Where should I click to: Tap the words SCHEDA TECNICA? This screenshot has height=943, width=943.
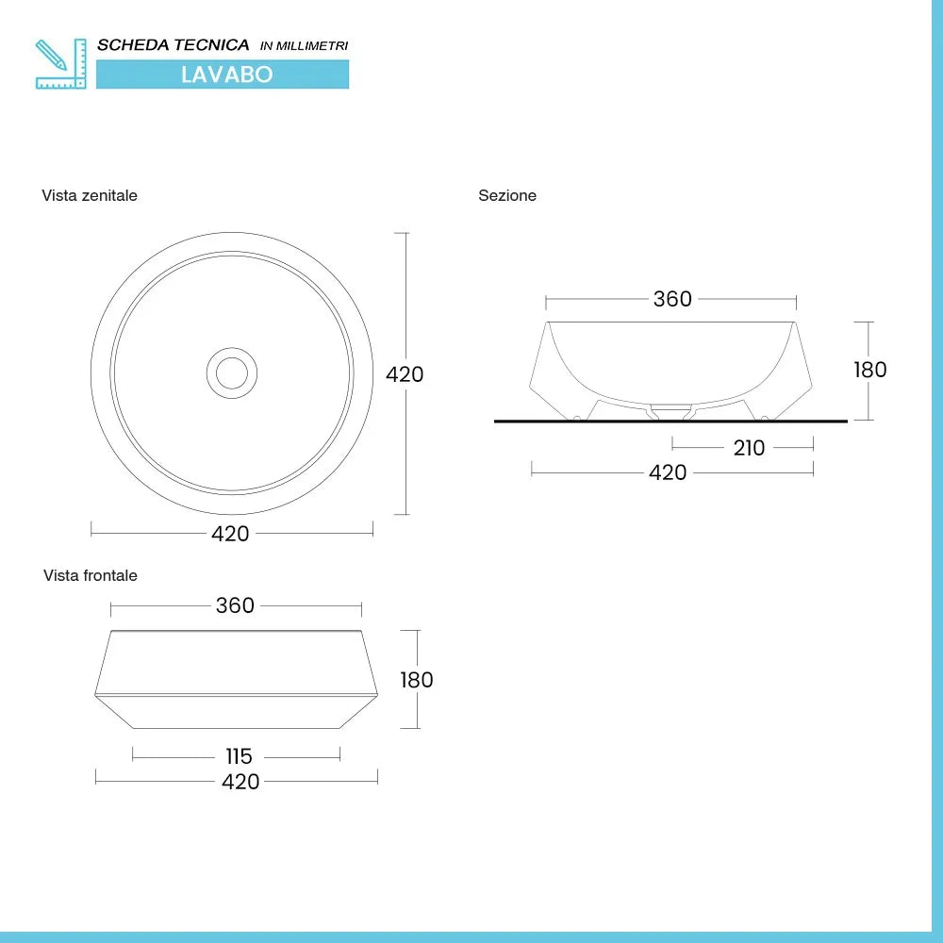174,45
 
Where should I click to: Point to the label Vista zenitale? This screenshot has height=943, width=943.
90,195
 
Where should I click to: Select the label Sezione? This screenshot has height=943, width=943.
507,195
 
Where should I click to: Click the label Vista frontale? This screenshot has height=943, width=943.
91,575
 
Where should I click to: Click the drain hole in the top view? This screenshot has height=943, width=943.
231,372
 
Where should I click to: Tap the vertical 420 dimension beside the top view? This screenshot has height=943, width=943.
405,374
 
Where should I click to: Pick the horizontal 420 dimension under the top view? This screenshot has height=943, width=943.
230,534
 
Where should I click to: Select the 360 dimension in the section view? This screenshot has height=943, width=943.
672,299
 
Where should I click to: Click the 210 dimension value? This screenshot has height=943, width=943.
749,448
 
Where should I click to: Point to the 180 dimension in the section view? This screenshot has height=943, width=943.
869,370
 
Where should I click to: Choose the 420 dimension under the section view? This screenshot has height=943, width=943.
668,472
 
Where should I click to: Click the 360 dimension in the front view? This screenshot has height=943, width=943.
235,605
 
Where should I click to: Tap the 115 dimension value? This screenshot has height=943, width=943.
240,756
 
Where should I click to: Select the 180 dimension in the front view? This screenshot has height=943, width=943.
416,680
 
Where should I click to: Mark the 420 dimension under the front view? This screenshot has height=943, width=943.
240,782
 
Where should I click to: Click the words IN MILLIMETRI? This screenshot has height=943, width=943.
304,46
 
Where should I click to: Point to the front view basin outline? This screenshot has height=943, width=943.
236,679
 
